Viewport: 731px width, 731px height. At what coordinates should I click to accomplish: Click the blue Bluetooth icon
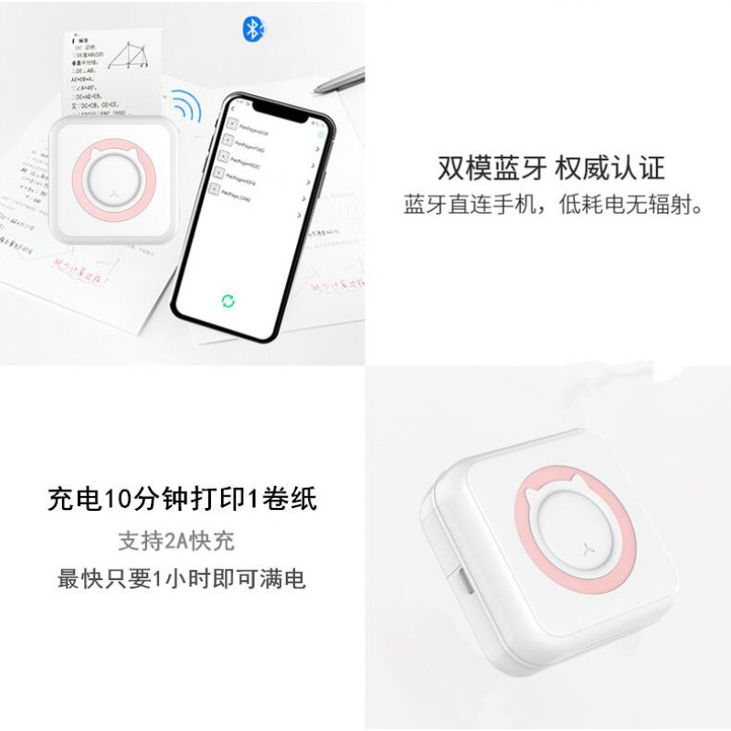253,30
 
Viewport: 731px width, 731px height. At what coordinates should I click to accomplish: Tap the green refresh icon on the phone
228,301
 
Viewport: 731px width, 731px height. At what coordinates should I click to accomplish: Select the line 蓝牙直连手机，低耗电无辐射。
556,204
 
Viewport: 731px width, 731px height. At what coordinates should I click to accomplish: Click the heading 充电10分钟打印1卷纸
182,499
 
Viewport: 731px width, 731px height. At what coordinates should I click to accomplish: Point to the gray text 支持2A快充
176,540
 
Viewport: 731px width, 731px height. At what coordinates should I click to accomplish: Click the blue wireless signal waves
187,109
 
